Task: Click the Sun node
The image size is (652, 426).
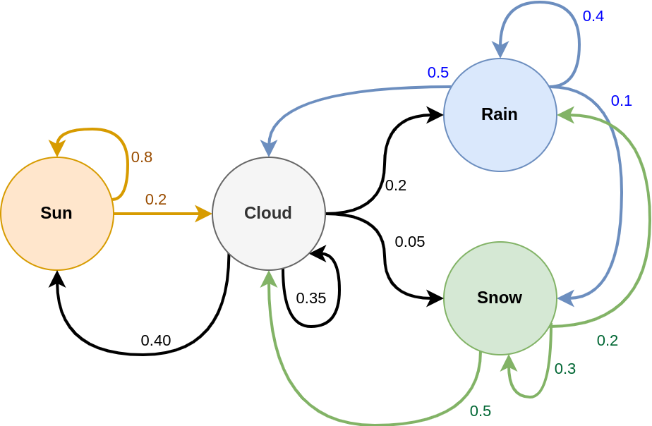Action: [x=56, y=213]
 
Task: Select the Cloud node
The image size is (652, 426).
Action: [x=268, y=213]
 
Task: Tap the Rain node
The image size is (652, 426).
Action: [x=500, y=114]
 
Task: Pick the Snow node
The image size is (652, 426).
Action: [x=500, y=298]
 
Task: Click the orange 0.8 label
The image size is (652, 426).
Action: [x=142, y=157]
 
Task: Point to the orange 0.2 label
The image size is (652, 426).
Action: [x=156, y=200]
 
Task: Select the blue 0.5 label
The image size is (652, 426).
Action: [x=438, y=73]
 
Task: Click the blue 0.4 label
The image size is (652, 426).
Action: [x=593, y=16]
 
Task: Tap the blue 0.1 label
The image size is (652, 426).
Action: [x=622, y=101]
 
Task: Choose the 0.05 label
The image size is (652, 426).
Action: [x=410, y=242]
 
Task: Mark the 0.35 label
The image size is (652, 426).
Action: [x=311, y=298]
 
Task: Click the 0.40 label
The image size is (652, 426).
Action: [x=156, y=341]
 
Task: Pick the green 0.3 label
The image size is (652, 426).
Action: [x=565, y=369]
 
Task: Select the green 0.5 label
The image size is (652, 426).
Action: [x=481, y=411]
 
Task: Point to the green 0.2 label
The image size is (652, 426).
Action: [x=608, y=341]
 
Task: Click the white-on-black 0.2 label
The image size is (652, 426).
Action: [x=396, y=185]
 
